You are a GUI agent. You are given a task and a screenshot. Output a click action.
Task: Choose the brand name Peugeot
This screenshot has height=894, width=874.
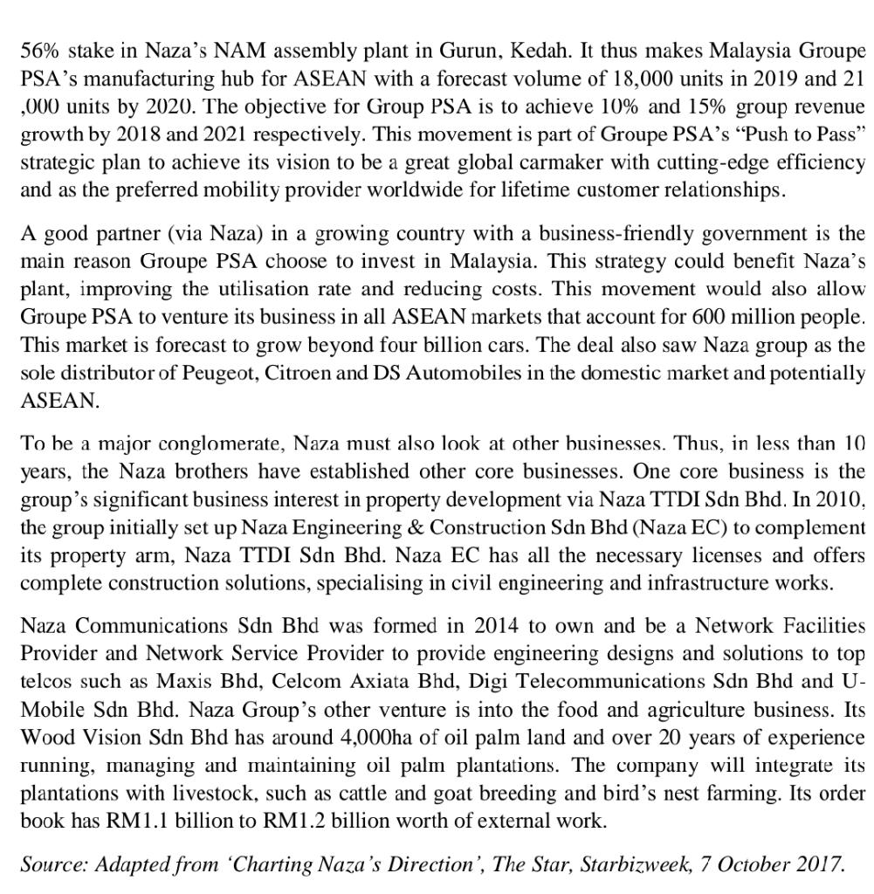pos(217,373)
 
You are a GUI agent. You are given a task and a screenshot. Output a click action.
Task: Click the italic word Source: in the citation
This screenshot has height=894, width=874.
pos(53,864)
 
